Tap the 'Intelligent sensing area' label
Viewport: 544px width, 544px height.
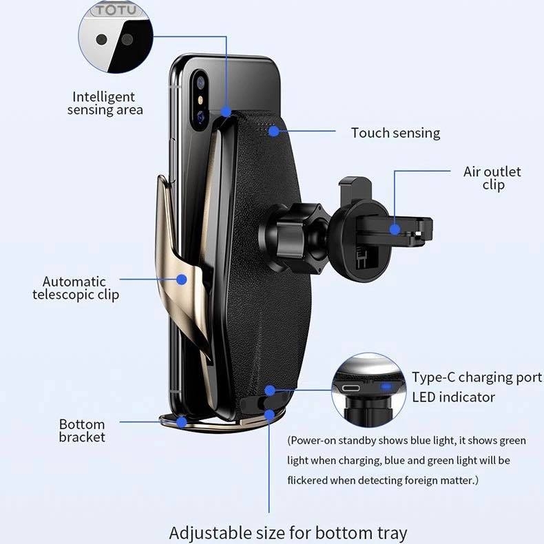104,103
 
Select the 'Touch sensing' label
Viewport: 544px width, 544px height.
395,133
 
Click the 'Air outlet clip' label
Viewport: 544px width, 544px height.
492,178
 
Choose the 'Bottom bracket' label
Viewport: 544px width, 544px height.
82,430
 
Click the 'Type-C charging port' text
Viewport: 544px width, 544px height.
477,377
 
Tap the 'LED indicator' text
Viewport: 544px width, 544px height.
453,397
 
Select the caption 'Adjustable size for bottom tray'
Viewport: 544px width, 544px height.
288,532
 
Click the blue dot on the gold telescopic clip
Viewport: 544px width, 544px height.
182,280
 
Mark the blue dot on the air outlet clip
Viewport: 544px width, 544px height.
395,229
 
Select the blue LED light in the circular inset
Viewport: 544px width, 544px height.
386,387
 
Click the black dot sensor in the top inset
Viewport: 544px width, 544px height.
102,39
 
